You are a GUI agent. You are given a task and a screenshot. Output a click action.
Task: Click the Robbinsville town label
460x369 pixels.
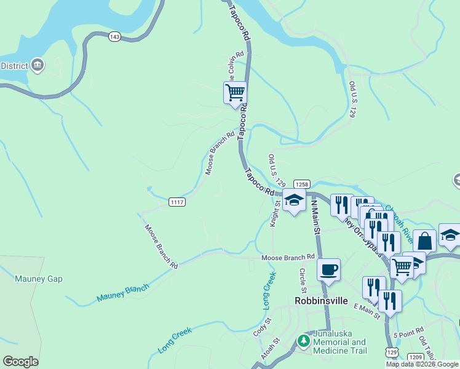pos(321,301)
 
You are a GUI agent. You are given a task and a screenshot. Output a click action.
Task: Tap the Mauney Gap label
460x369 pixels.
pos(39,279)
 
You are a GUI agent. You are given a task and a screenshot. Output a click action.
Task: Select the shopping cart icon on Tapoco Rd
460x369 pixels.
pos(235,93)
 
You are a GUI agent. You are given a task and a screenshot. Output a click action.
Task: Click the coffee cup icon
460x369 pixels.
pos(328,269)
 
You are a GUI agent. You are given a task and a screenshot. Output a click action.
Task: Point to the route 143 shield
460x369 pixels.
pos(114,37)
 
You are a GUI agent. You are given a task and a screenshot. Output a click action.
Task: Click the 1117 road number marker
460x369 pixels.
pos(176,202)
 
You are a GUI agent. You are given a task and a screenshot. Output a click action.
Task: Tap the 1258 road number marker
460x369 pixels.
pos(301,184)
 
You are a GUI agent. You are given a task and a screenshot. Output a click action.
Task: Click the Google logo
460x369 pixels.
pos(20,362)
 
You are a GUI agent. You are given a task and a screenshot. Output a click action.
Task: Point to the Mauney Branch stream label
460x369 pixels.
pos(123,294)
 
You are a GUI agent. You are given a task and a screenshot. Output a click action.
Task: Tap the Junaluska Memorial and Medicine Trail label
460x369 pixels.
pos(340,342)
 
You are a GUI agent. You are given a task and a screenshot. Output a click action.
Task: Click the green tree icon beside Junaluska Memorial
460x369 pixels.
pos(303,340)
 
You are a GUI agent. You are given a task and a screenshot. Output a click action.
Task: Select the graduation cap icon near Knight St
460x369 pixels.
pos(294,200)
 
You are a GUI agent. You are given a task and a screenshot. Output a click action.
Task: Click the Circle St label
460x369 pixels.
pos(303,280)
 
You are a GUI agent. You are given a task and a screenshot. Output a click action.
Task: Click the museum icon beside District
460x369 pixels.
pos(38,65)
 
